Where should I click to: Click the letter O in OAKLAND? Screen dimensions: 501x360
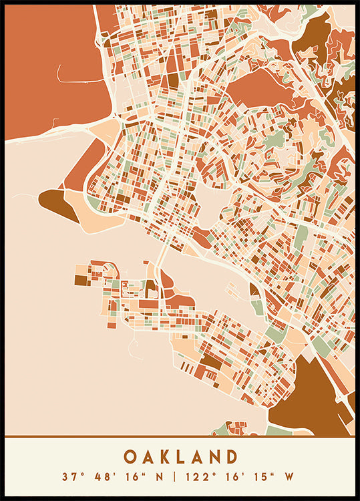pos(130,457)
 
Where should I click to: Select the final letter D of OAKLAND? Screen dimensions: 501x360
pos(232,457)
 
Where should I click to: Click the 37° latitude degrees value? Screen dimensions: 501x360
pos(70,477)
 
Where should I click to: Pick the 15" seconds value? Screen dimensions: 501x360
pos(260,477)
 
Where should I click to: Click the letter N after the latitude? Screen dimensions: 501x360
pos(158,477)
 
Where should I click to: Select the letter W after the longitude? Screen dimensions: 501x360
pos(290,477)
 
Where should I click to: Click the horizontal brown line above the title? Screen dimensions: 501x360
pos(180,438)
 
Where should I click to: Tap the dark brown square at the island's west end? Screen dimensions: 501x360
pos(81,280)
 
